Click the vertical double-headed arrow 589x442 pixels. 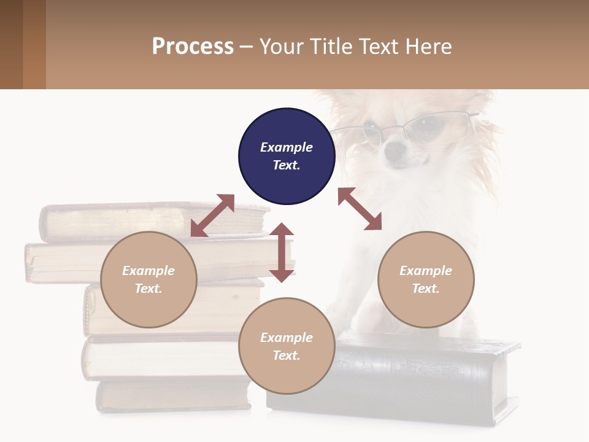pos(282,253)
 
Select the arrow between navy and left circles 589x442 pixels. pos(212,215)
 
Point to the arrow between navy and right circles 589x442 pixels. pos(360,209)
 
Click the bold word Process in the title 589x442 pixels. pos(193,46)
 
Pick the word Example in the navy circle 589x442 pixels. pos(287,147)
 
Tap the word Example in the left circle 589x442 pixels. pos(148,271)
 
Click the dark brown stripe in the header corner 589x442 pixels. pos(11,44)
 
